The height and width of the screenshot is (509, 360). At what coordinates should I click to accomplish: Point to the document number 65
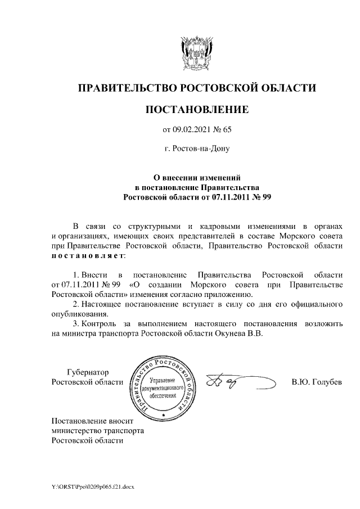tap(227, 130)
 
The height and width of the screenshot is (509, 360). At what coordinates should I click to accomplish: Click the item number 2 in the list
tap(76, 304)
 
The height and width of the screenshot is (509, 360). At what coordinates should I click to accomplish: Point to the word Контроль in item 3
tap(98, 323)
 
